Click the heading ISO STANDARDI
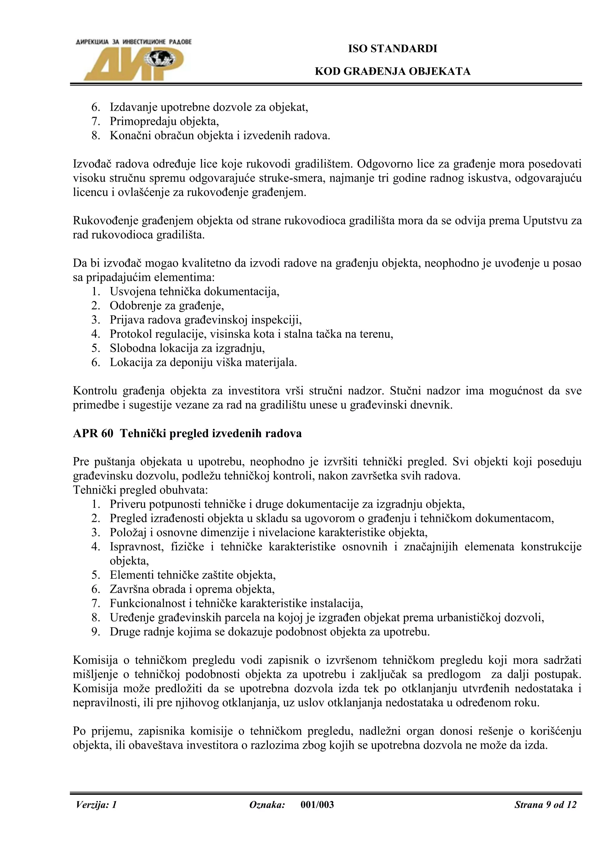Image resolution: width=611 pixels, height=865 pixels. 392,49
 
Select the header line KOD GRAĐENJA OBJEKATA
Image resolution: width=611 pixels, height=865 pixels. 392,72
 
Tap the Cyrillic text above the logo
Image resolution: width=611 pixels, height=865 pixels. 134,42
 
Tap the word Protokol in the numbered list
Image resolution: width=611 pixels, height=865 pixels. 131,334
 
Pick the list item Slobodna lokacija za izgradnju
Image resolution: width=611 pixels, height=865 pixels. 187,348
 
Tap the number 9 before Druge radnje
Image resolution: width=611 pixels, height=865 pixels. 95,632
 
